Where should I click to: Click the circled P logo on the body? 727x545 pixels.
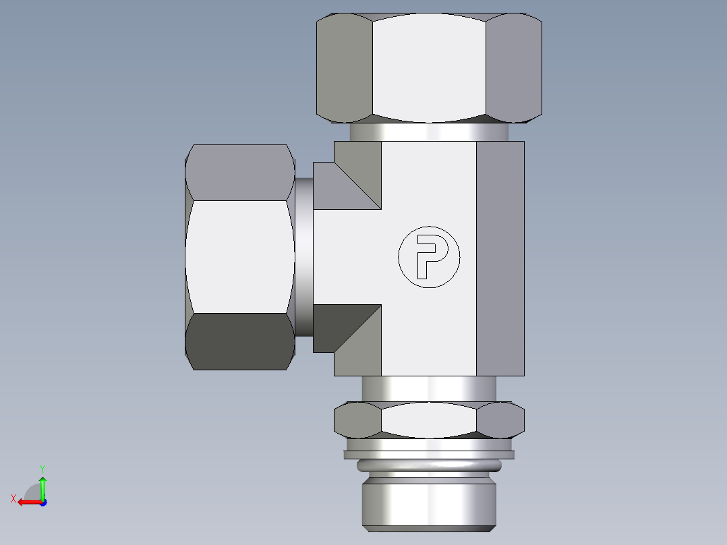[x=429, y=257]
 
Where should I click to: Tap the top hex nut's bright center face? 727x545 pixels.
[x=429, y=67]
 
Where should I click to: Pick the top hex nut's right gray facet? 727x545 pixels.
[x=514, y=67]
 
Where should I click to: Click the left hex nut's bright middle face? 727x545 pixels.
[x=239, y=256]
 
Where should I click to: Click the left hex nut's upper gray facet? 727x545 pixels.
[x=239, y=172]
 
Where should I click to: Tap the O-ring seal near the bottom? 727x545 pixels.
[x=429, y=465]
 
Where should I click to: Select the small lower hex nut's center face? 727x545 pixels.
[x=429, y=420]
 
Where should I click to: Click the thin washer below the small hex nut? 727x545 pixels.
[x=429, y=454]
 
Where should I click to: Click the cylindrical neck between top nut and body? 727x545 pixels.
[x=429, y=132]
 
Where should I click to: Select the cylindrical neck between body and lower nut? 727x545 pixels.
[x=429, y=389]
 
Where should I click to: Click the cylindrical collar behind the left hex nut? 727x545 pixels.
[x=303, y=257]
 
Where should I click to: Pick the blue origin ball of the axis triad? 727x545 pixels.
[x=42, y=502]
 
